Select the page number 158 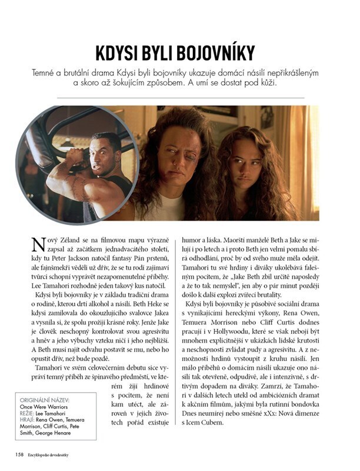click(x=19, y=455)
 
